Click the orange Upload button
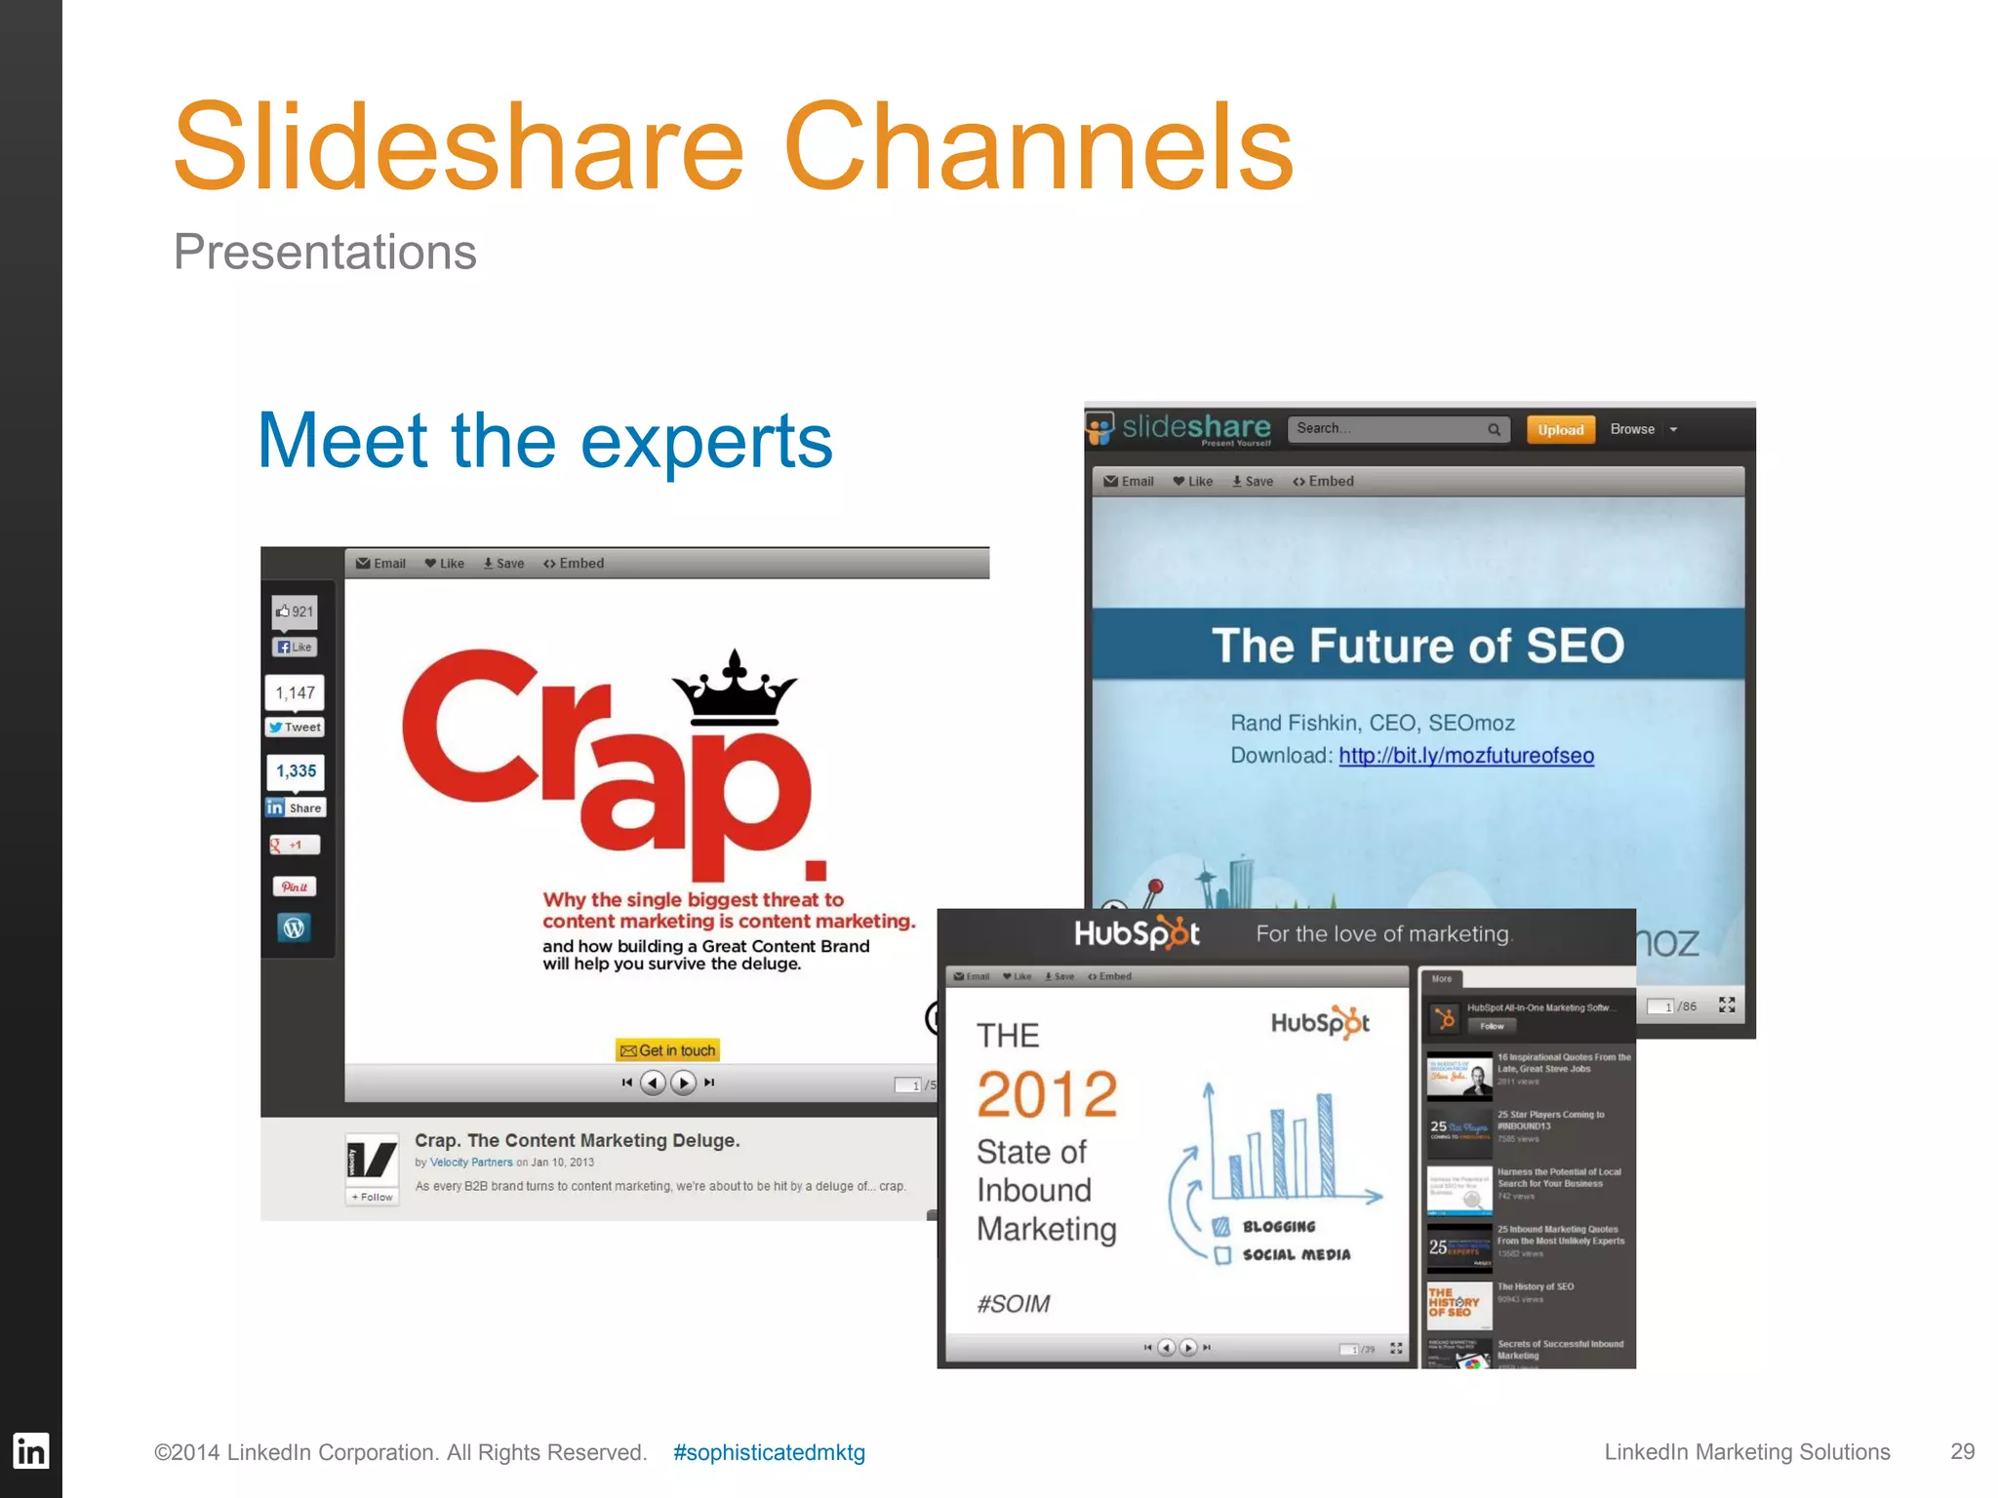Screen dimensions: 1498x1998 click(x=1560, y=430)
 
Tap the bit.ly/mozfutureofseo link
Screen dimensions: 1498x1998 click(x=1465, y=756)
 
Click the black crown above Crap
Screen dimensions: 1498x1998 click(x=735, y=690)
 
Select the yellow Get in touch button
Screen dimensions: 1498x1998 click(x=668, y=1050)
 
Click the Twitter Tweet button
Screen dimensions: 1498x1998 click(x=295, y=728)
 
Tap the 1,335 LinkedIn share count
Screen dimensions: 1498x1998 click(x=296, y=771)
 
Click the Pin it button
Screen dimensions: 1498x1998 click(x=295, y=887)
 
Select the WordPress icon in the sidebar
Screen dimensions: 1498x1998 click(x=294, y=927)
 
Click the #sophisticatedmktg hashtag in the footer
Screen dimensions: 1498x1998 click(x=769, y=1452)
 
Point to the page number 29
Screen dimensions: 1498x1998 click(x=1962, y=1451)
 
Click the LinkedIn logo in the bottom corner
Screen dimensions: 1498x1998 click(x=30, y=1451)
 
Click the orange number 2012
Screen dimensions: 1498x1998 click(x=1047, y=1094)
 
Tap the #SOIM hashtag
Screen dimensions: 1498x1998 click(x=1014, y=1304)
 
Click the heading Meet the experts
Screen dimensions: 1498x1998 click(x=544, y=441)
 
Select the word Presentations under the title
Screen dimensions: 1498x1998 click(x=325, y=252)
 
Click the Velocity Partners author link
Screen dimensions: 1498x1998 click(x=471, y=1163)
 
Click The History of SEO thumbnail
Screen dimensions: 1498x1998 click(x=1459, y=1305)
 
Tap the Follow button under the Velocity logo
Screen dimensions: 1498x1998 click(x=373, y=1197)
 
